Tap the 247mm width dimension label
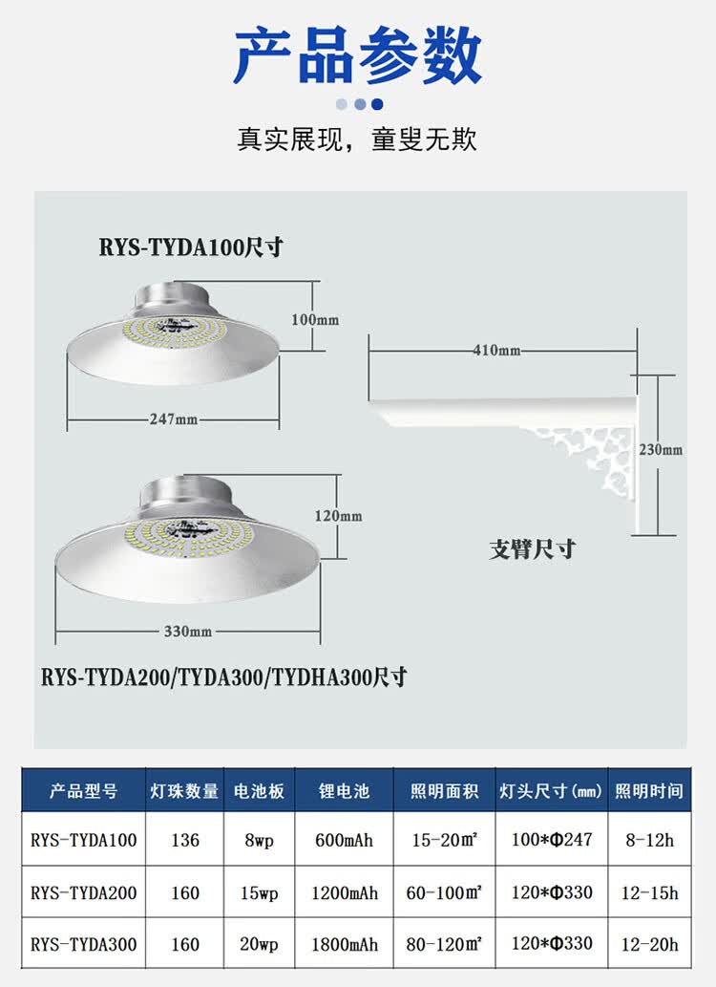[x=174, y=419]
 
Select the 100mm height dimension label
[x=315, y=319]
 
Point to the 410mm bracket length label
[x=497, y=350]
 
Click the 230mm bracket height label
[x=660, y=449]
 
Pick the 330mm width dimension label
[x=187, y=632]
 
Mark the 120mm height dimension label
[x=338, y=516]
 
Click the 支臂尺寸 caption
[x=532, y=549]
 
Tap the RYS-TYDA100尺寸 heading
[x=191, y=247]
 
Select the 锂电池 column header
[x=345, y=791]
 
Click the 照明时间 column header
[x=649, y=791]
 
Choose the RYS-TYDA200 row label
[x=84, y=892]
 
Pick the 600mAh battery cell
[x=345, y=841]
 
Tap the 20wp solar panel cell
[x=258, y=944]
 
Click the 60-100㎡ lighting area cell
[x=444, y=892]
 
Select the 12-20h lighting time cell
[x=649, y=944]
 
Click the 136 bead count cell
[x=185, y=841]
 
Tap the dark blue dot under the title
[x=377, y=104]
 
